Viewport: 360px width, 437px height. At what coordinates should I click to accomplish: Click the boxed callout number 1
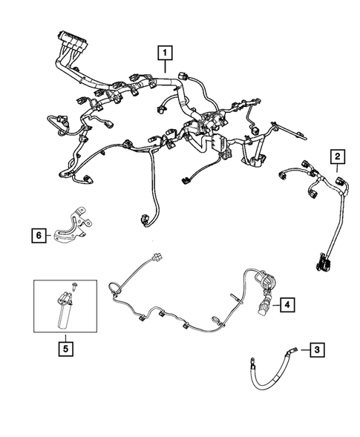pos(164,53)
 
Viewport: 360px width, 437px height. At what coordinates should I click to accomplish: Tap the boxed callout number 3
pos(316,349)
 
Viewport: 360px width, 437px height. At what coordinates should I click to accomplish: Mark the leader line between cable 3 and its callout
pos(302,347)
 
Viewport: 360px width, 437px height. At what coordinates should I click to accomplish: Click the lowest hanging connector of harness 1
pos(145,219)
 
